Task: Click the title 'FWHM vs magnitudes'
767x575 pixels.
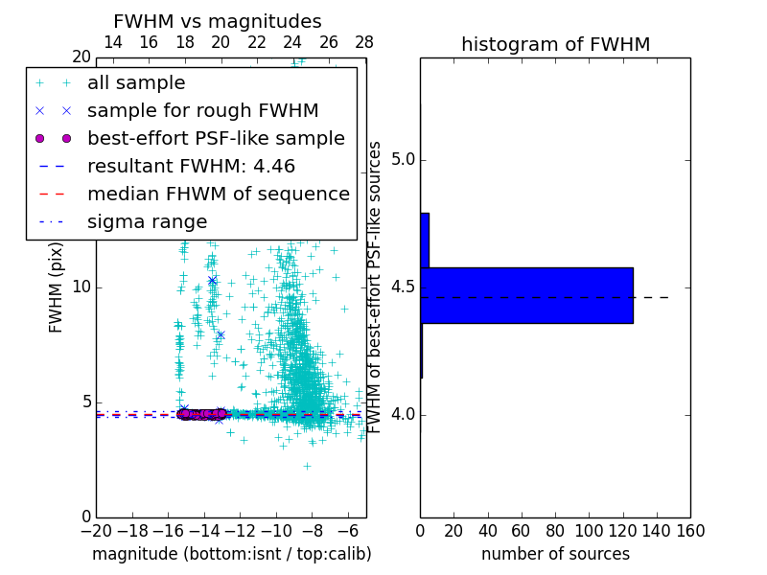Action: point(218,21)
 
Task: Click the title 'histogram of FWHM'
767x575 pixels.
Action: point(555,44)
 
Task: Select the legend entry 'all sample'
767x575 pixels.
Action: point(136,83)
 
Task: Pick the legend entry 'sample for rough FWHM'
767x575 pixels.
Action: point(203,110)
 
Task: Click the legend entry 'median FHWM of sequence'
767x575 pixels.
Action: point(218,194)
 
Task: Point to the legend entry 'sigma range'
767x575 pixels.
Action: point(147,221)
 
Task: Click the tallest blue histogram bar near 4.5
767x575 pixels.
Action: point(526,295)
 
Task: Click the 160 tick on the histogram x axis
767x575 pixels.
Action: point(690,529)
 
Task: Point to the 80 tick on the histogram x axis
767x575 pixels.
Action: point(555,529)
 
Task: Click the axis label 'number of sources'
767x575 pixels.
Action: point(555,554)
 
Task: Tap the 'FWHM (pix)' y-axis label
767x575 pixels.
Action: point(57,287)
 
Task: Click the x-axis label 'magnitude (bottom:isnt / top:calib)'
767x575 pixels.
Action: point(231,554)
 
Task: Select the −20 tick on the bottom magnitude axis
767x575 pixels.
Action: point(96,529)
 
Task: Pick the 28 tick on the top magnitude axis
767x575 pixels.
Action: point(364,42)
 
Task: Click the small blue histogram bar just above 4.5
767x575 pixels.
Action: point(425,240)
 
